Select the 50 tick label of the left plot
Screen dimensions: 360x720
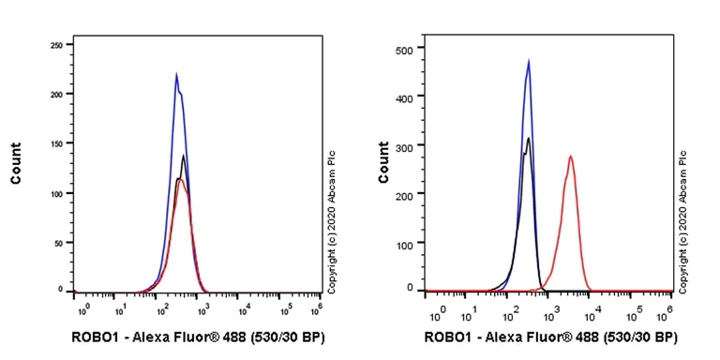57,242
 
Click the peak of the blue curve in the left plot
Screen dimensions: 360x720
176,74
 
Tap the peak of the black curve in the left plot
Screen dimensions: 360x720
184,156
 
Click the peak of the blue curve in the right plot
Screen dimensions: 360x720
529,61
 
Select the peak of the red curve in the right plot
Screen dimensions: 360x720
570,157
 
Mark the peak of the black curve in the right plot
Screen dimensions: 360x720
529,139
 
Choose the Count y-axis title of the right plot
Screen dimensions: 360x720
383,162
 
